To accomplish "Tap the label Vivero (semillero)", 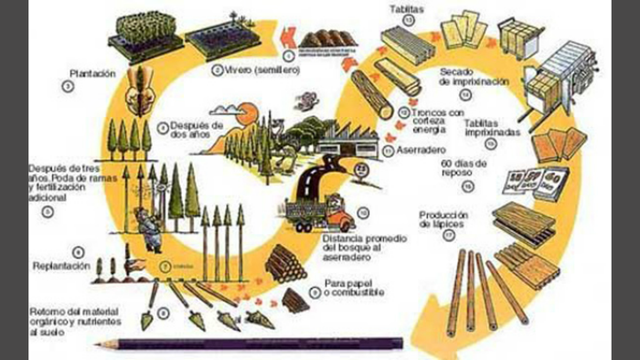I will pyautogui.click(x=248, y=69).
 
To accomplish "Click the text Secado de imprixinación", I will pyautogui.click(x=472, y=75).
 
